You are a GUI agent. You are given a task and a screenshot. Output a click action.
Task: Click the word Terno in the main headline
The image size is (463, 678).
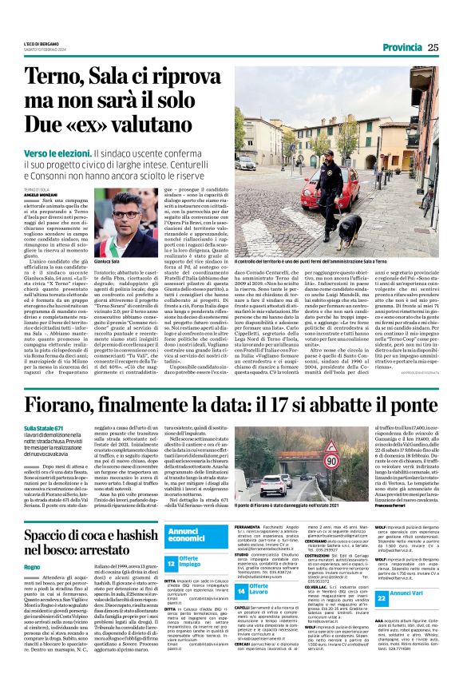[x=54, y=77]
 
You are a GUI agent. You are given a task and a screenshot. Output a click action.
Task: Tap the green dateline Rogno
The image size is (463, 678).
[x=32, y=566]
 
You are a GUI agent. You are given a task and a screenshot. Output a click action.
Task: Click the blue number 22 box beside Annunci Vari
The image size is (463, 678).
[x=382, y=597]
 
